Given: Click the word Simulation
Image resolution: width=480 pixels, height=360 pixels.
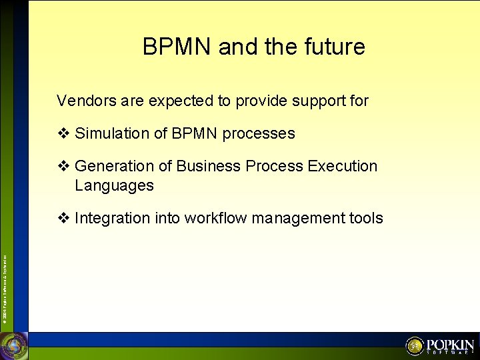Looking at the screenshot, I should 112,133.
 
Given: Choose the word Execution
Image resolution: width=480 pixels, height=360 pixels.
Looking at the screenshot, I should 343,166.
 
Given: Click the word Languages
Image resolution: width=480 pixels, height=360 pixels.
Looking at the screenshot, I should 114,185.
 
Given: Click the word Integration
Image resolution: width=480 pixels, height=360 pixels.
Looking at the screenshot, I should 112,218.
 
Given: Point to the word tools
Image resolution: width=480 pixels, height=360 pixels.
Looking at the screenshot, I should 365,218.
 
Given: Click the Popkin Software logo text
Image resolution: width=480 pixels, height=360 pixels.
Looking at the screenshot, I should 450,346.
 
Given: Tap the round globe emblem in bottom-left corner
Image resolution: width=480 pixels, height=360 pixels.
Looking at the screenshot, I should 14,345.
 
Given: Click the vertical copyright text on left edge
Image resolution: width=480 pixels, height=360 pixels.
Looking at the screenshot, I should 5,281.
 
